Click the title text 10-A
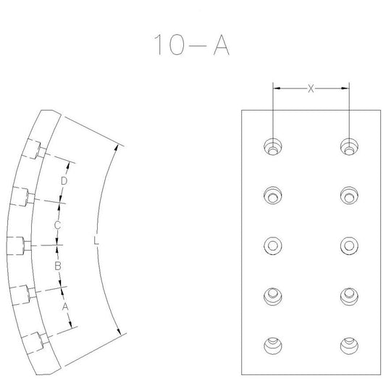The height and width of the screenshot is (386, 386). [x=192, y=45]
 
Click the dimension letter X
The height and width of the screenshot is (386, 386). [x=311, y=88]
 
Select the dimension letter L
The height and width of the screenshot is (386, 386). [x=96, y=240]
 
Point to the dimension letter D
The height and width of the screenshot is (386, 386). [x=64, y=181]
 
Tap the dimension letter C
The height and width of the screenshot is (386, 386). [x=57, y=225]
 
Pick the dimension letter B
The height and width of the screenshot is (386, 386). [x=58, y=266]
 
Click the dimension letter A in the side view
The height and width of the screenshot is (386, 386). [x=64, y=307]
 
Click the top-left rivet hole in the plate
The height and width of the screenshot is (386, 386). [x=273, y=147]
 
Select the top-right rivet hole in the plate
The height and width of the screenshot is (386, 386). [x=349, y=147]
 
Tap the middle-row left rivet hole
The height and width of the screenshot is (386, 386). [x=273, y=246]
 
